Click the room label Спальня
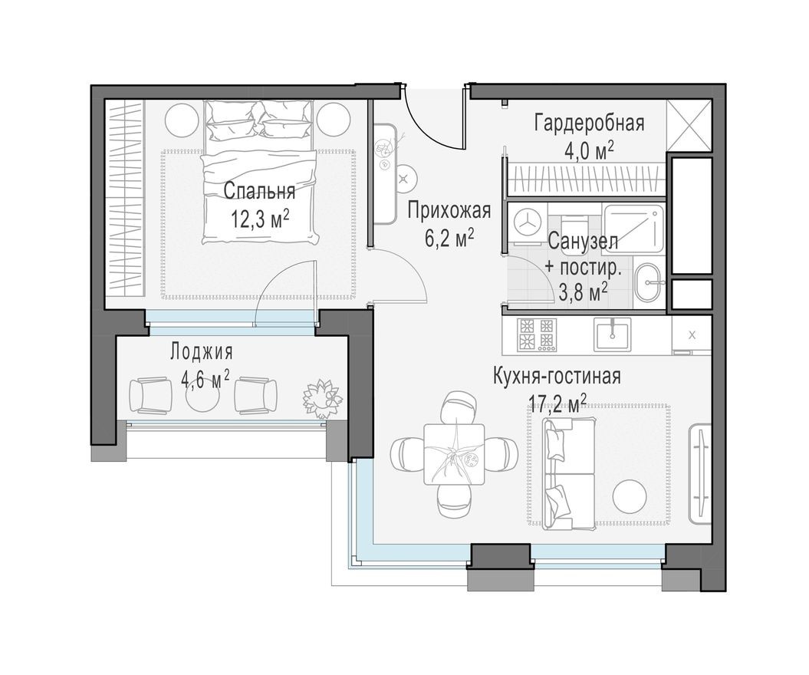[259, 191]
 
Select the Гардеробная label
[589, 123]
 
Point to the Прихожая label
[449, 210]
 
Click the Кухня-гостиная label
[557, 377]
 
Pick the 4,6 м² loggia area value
[204, 380]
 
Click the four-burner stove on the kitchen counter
[537, 334]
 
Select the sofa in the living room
[568, 473]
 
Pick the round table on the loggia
[203, 395]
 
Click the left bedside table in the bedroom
[182, 118]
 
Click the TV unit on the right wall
[700, 473]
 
